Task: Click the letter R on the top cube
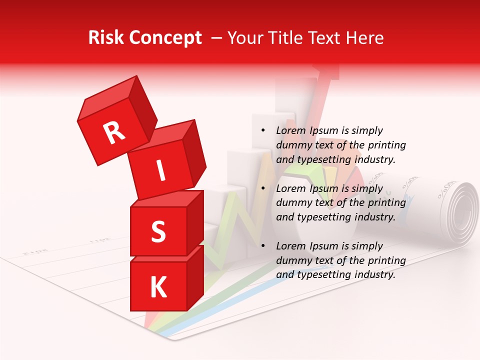[x=114, y=132]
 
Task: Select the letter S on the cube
[x=158, y=231]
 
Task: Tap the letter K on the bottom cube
[x=158, y=287]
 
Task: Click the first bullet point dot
[x=263, y=131]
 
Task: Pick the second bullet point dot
[x=263, y=189]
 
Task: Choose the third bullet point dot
[x=263, y=246]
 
